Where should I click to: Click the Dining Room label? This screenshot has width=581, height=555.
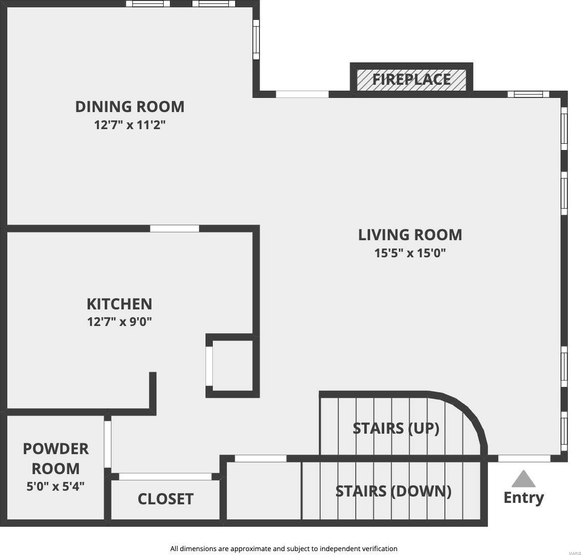click(x=130, y=107)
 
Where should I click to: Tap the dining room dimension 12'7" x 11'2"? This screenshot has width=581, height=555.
click(x=130, y=125)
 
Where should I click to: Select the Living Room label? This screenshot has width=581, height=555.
click(x=410, y=235)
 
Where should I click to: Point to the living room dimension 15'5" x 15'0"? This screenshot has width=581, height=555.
click(x=410, y=253)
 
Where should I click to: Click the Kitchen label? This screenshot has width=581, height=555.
click(x=119, y=304)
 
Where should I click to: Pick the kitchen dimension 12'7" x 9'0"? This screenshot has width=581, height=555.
click(x=119, y=322)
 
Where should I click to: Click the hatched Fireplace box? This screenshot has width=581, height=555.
click(x=412, y=80)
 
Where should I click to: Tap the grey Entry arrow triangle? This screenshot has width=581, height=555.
click(x=523, y=478)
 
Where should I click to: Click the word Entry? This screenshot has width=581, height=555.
click(x=524, y=498)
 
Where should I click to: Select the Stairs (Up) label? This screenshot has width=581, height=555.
click(x=396, y=428)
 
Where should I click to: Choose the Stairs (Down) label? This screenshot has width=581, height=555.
click(x=393, y=491)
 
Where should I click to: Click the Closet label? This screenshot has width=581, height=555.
click(x=165, y=499)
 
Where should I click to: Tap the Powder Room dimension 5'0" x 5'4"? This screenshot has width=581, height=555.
click(x=56, y=486)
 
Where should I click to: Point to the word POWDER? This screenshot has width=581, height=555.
click(x=56, y=449)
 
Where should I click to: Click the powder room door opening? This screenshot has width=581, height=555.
click(x=108, y=444)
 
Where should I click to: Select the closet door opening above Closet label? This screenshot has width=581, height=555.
click(x=165, y=477)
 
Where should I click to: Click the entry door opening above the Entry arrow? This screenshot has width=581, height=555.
click(x=524, y=459)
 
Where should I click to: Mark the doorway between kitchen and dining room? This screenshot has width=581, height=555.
click(x=174, y=229)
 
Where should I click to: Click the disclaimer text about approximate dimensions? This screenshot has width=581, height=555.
click(x=284, y=549)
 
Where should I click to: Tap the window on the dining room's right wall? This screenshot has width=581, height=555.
click(x=256, y=39)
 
